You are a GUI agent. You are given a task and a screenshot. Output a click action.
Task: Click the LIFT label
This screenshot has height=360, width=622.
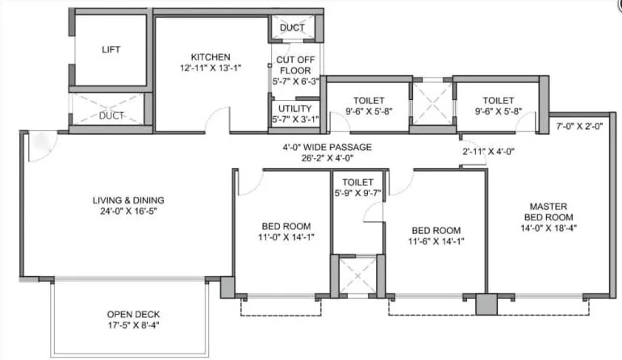(111, 50)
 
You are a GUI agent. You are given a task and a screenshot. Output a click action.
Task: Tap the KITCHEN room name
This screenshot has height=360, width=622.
(211, 57)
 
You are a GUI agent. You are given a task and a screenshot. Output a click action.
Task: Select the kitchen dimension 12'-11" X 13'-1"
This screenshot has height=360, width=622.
(211, 68)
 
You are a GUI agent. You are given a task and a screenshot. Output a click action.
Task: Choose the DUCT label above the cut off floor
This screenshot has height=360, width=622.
(292, 28)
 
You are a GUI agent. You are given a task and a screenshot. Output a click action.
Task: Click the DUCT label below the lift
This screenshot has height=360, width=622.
(111, 115)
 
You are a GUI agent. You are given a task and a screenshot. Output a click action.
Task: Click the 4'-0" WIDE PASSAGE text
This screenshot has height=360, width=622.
(327, 147)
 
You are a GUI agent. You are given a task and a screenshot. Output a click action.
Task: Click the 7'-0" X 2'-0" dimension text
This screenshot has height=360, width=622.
(579, 127)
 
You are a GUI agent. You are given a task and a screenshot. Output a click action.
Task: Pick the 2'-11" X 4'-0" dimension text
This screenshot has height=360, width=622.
(488, 151)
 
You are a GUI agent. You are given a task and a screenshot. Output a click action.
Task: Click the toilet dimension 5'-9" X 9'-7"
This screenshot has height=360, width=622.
(358, 195)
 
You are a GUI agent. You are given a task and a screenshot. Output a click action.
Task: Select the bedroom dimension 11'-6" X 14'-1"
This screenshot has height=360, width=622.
(436, 241)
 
